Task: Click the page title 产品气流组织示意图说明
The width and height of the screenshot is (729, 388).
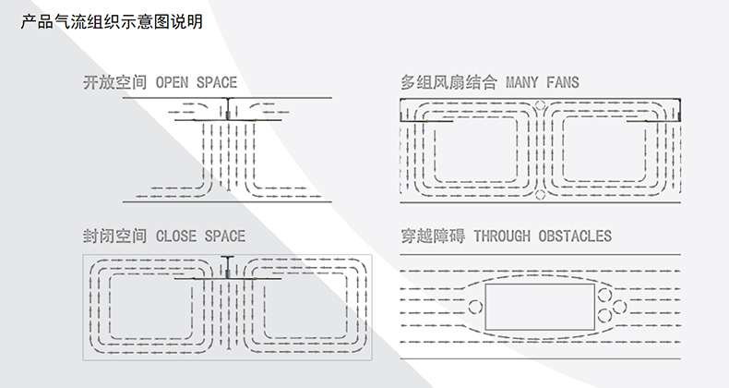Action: pos(112,21)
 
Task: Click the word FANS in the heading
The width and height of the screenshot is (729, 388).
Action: pos(562,83)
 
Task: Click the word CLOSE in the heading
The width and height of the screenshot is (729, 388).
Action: pos(176,236)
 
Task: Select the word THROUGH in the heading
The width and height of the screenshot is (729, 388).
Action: pos(501,236)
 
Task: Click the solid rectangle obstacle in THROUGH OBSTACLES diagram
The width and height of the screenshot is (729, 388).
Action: pos(539,306)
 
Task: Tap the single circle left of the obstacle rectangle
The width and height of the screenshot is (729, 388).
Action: pos(476,306)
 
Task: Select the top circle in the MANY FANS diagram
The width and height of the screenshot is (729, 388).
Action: pos(541,104)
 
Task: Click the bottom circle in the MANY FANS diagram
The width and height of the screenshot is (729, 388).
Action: pos(541,194)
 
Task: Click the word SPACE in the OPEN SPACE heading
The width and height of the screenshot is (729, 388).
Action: pos(216,83)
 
